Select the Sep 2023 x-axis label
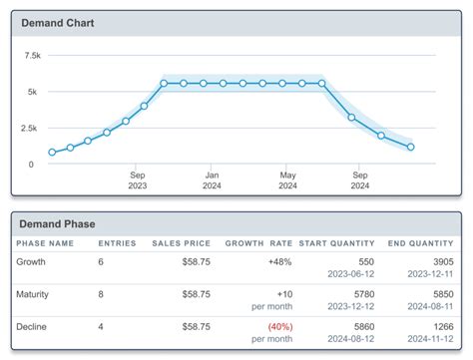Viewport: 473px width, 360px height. pyautogui.click(x=138, y=178)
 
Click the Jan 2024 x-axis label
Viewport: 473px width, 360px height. pyautogui.click(x=212, y=178)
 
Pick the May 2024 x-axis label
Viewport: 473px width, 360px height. pyautogui.click(x=287, y=178)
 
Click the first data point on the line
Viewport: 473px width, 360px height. pyautogui.click(x=52, y=153)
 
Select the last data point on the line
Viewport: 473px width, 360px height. pyautogui.click(x=411, y=147)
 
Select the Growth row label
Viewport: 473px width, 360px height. pyautogui.click(x=31, y=262)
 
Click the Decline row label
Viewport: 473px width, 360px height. pyautogui.click(x=32, y=325)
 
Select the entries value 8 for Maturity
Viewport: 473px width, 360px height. pyautogui.click(x=101, y=294)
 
